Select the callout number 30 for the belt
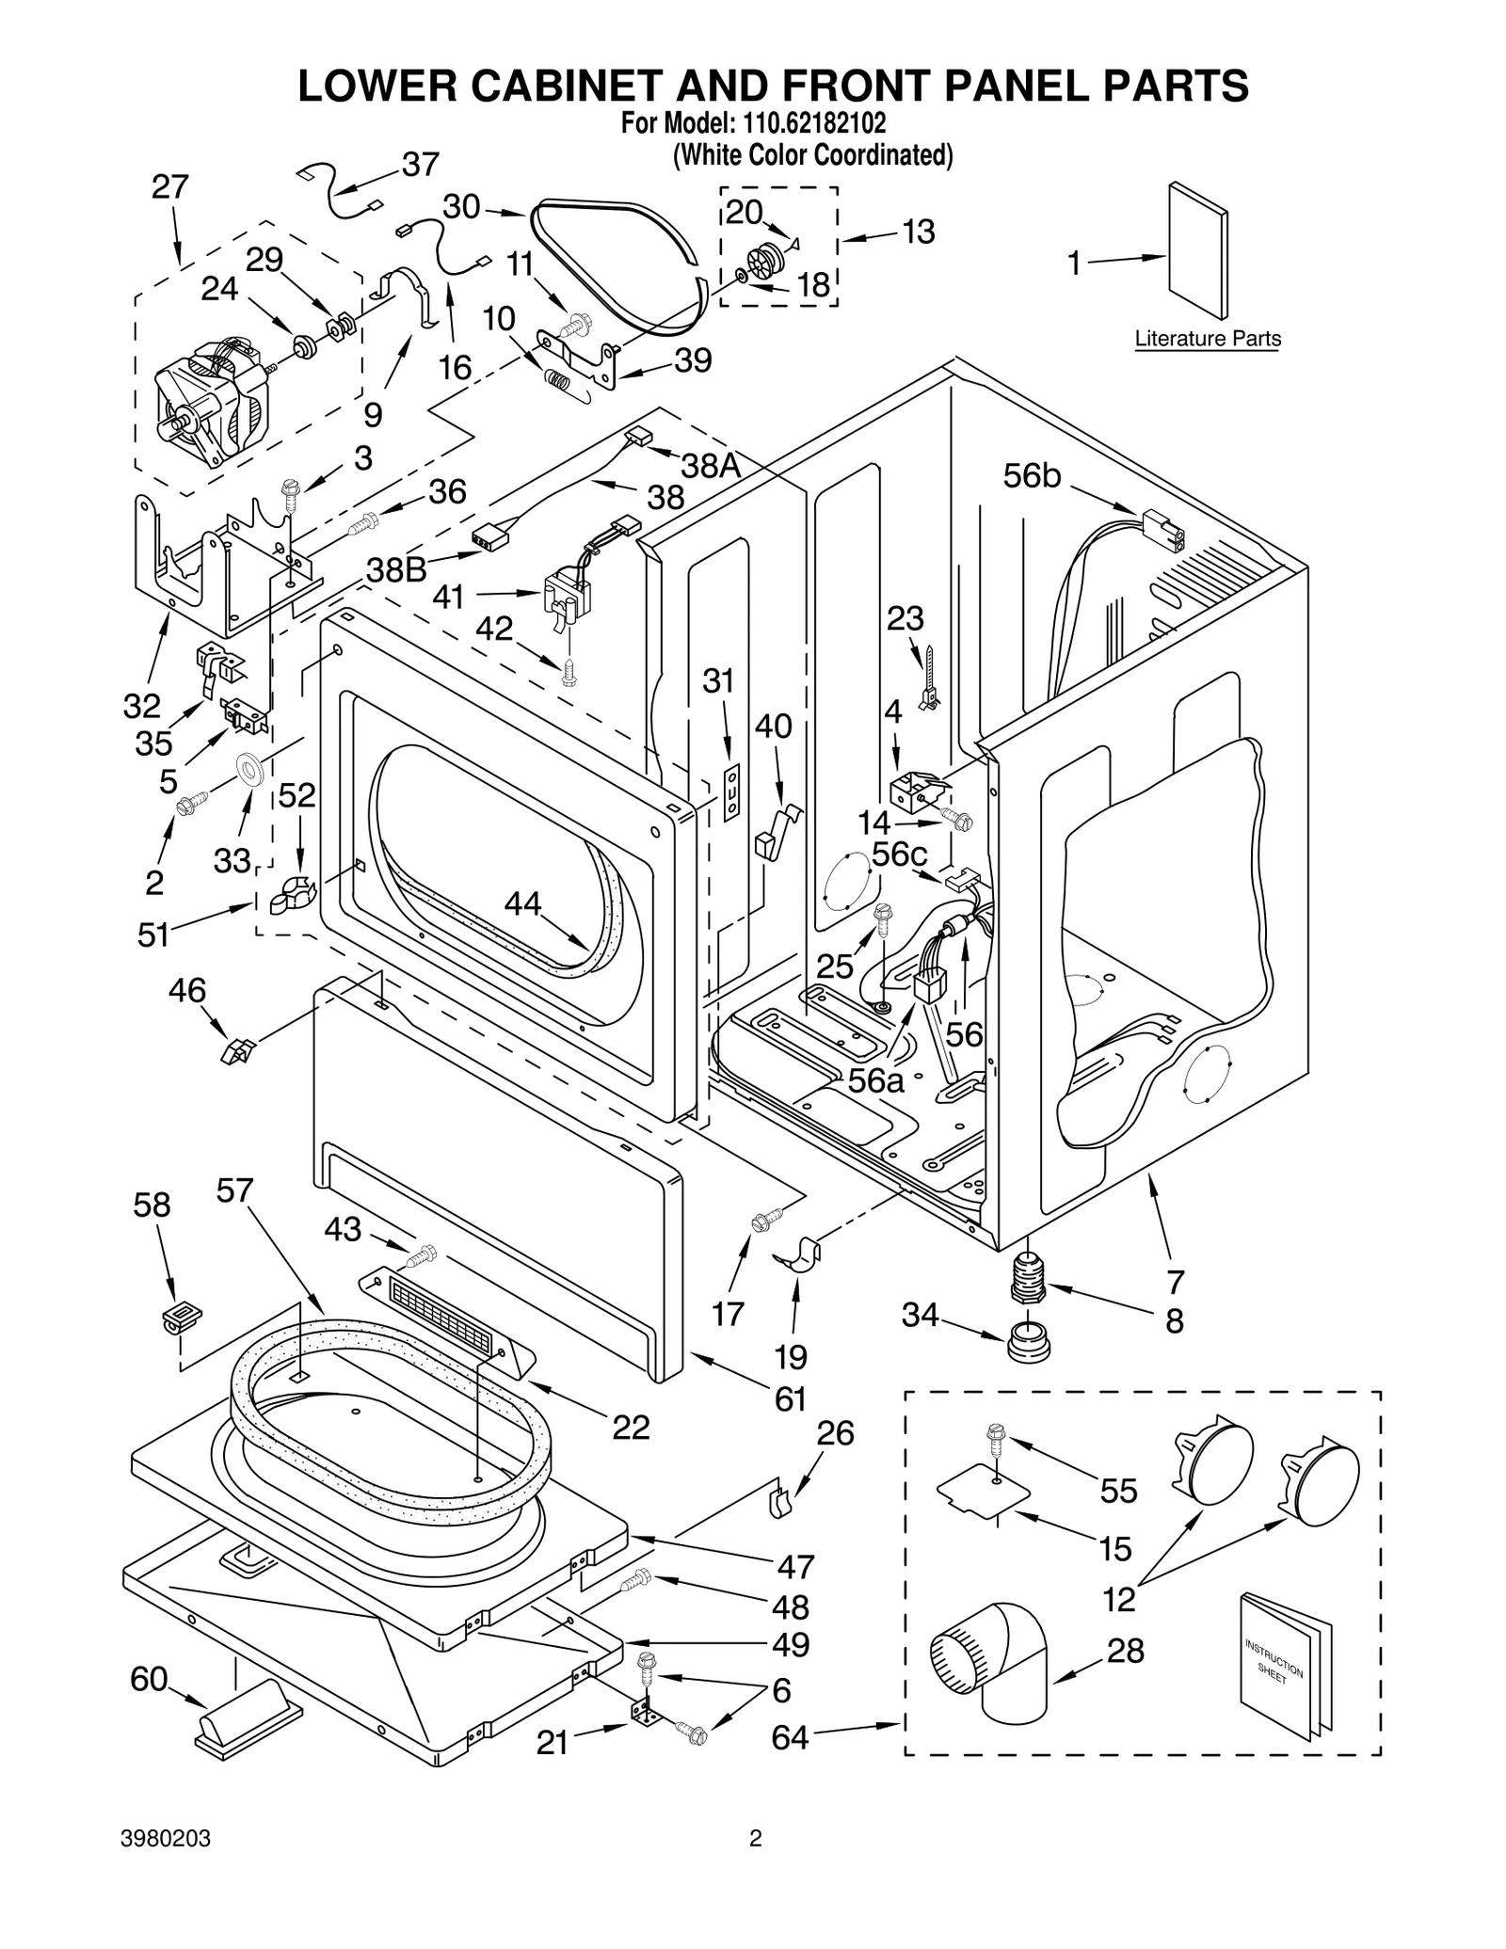(461, 207)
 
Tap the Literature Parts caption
(1208, 339)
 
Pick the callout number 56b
(1032, 477)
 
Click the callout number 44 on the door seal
(522, 903)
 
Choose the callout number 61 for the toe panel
(790, 1398)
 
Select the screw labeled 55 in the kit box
(996, 1438)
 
